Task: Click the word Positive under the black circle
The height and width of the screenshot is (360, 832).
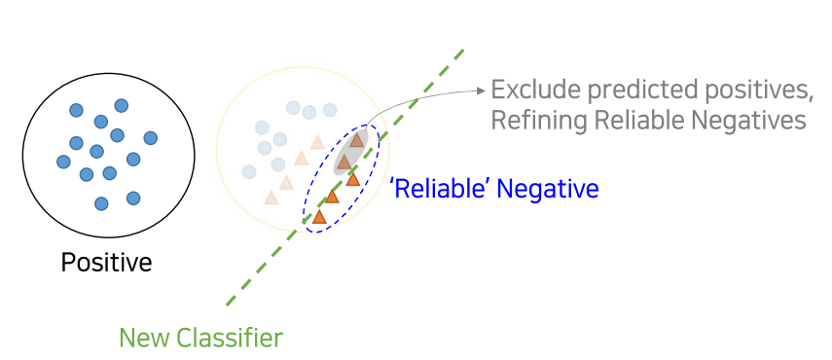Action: coord(107,263)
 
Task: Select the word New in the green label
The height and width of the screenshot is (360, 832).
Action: coord(145,339)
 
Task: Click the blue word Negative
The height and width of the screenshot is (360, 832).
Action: coord(547,188)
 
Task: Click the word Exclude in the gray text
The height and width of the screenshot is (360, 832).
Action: coord(533,90)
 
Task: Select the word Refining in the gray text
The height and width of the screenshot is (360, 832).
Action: coord(533,120)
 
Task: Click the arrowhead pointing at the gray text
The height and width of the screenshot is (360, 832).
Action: coord(481,91)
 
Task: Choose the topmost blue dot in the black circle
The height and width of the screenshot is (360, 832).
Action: coord(122,105)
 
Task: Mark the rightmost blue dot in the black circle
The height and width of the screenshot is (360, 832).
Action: coord(150,137)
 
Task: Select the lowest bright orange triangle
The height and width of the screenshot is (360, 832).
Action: coord(318,216)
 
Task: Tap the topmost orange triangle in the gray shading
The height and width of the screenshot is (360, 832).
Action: coord(357,140)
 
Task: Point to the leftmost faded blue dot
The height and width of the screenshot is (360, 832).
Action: coord(250,171)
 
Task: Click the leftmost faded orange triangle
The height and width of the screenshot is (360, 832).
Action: coord(271,198)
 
